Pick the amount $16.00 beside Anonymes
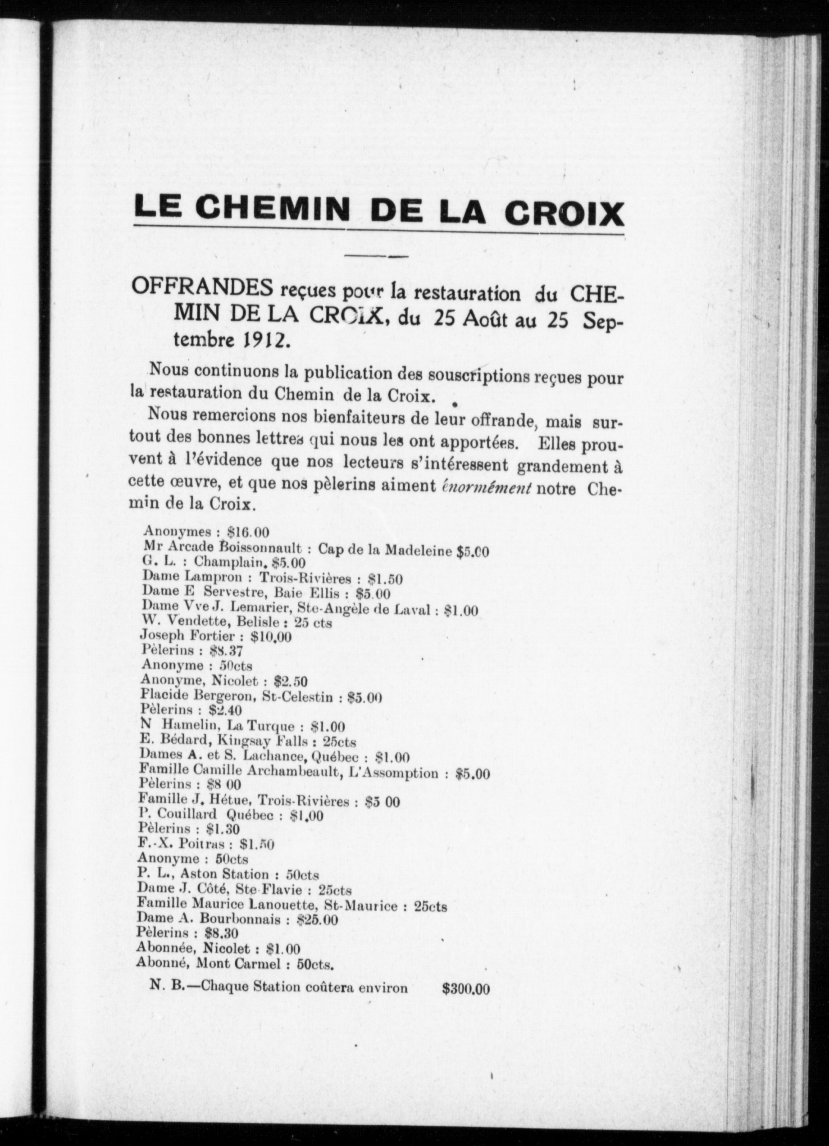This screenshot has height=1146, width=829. (x=248, y=532)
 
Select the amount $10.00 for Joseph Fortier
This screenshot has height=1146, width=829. (x=271, y=637)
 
